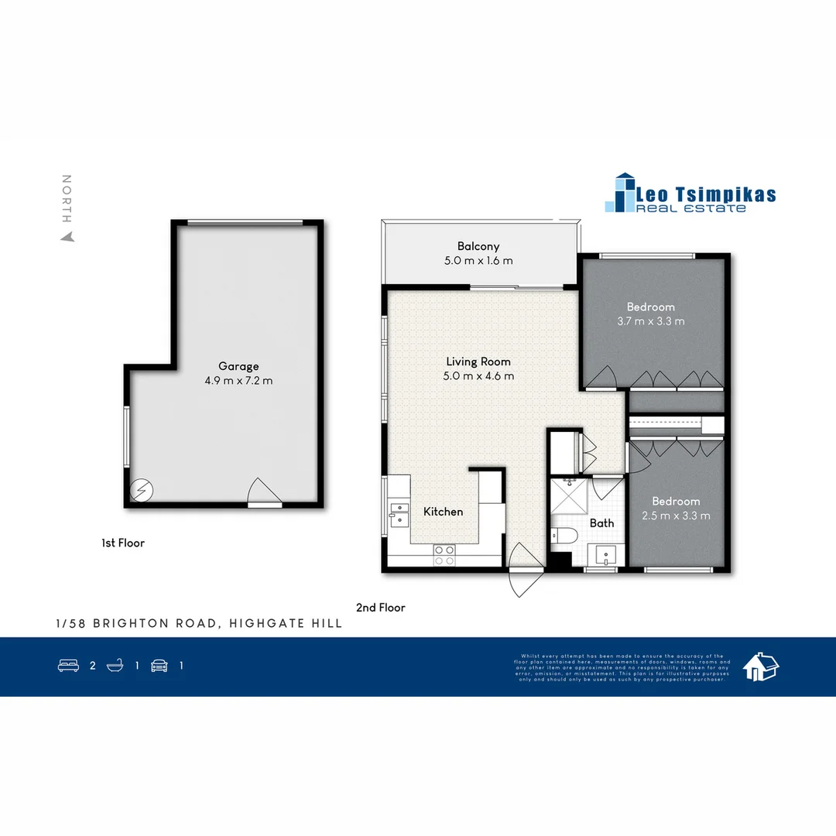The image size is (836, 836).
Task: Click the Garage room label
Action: (238, 366)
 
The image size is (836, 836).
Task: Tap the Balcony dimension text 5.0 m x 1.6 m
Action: (478, 261)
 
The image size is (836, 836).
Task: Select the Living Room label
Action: (478, 361)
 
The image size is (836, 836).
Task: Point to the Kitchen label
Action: (443, 512)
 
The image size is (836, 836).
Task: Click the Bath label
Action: (601, 523)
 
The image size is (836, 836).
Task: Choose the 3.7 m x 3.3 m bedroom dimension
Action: (650, 321)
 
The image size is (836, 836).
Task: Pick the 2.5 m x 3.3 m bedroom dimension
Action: (675, 516)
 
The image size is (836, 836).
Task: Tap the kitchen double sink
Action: (399, 514)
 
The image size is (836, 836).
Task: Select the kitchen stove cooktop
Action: (444, 554)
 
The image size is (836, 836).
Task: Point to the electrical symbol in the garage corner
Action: (142, 491)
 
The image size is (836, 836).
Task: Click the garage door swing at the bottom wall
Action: (263, 492)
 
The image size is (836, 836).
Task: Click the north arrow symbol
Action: (67, 237)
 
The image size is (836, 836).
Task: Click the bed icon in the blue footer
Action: (69, 665)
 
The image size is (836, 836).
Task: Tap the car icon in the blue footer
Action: (159, 665)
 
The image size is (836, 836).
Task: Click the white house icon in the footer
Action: (761, 666)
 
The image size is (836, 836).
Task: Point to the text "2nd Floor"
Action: (380, 608)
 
